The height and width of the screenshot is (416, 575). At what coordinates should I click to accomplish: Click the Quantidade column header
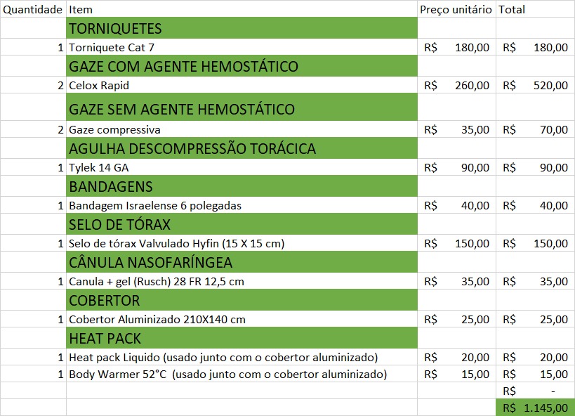coord(32,10)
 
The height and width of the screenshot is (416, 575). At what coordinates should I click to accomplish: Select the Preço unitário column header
coord(456,10)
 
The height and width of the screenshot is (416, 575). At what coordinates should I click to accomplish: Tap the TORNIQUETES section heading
coord(115,29)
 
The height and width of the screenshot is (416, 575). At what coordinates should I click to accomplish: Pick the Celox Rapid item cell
coord(99,86)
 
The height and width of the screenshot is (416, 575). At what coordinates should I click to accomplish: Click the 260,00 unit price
coord(472,86)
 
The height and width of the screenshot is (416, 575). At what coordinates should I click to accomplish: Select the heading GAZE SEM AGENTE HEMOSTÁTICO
coord(181,110)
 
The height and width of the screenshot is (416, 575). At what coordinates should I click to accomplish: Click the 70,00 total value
coord(554,130)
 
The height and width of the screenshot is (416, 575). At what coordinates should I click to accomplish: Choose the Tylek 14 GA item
coord(99,168)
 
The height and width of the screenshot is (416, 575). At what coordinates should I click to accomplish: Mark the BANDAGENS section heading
coord(110,187)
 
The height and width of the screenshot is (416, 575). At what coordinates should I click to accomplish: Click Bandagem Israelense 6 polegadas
coord(154,206)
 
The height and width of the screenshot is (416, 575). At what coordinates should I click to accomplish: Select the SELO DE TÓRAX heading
coord(119,225)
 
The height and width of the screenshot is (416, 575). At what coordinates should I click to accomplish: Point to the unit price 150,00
coord(472,244)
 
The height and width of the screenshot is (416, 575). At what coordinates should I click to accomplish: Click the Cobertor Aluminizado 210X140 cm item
coord(157,320)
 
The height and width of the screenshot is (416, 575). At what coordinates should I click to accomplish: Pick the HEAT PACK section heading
coord(105,339)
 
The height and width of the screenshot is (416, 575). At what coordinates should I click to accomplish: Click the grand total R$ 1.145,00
coord(535,408)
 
